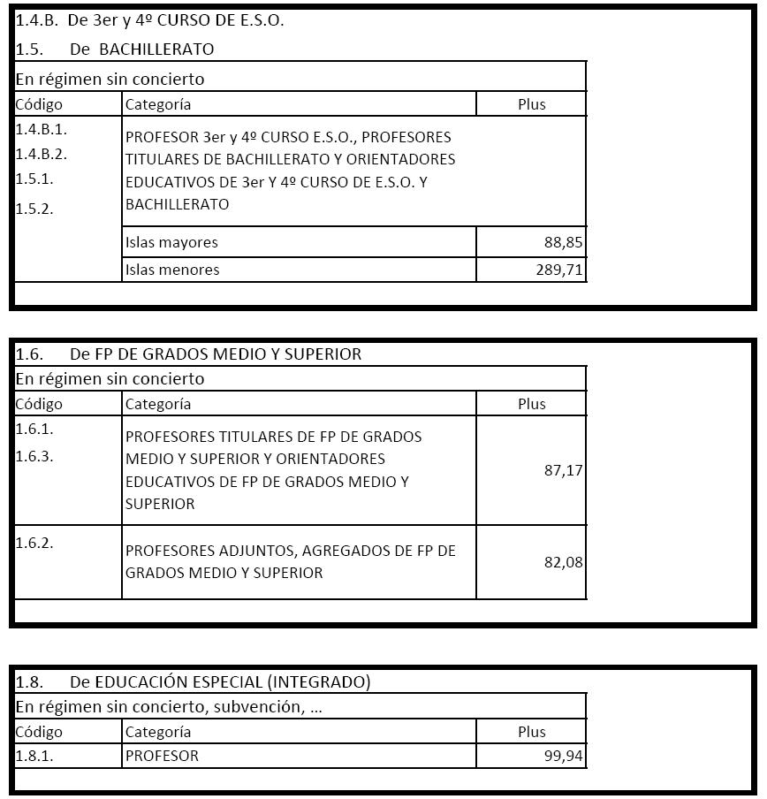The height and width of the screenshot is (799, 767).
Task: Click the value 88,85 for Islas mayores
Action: tap(563, 242)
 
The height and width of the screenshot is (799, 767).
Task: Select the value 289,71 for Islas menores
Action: tap(559, 270)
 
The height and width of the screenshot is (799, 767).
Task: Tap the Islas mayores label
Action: tap(171, 242)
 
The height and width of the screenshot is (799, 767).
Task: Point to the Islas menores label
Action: tap(172, 270)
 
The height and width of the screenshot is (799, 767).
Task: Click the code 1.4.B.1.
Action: tap(42, 129)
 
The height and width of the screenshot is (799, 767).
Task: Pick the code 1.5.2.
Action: tap(34, 209)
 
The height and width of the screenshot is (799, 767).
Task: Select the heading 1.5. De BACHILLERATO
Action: tap(115, 49)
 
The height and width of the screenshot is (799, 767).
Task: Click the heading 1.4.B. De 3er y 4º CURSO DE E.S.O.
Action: tap(149, 20)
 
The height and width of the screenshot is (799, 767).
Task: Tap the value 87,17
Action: tap(563, 470)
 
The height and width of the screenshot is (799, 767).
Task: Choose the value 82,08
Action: tap(563, 562)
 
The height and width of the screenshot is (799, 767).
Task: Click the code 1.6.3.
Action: tap(34, 456)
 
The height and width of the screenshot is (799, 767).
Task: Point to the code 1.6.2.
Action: tap(34, 543)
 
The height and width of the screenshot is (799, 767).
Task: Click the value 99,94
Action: tap(563, 756)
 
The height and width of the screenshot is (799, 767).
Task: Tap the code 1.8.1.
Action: tap(34, 756)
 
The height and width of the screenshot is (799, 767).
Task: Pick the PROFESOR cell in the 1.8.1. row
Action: tap(162, 756)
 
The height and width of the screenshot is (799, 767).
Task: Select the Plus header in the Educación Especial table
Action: tap(531, 732)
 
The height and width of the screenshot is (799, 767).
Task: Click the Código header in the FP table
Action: tap(40, 404)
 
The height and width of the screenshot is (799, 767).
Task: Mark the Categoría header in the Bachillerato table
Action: tap(158, 104)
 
